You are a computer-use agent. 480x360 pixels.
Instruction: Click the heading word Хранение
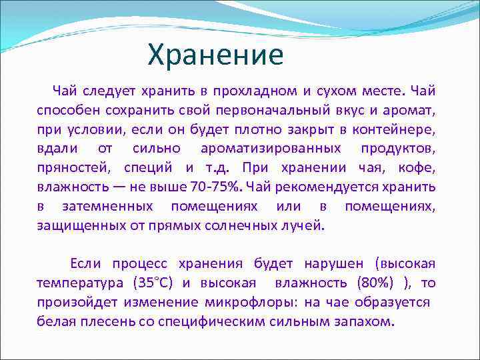coord(215,55)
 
